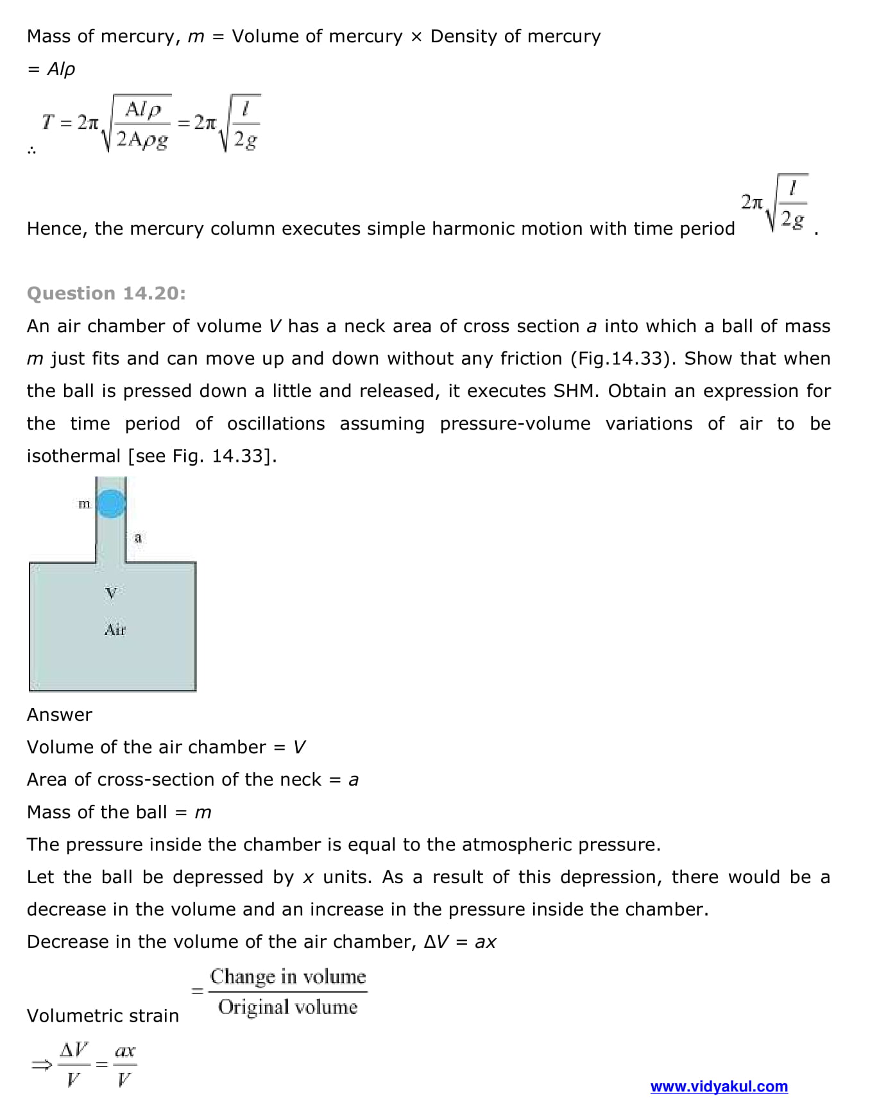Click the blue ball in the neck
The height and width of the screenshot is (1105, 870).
tap(111, 503)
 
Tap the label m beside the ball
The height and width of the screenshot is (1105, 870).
tap(84, 504)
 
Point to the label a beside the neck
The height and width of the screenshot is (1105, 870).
tap(138, 537)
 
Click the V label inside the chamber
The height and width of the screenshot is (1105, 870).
tap(111, 593)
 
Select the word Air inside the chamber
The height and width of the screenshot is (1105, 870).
tap(115, 630)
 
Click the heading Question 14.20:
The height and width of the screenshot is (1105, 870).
tap(107, 293)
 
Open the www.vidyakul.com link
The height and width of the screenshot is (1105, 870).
tap(719, 1086)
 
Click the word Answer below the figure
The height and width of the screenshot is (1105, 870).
tap(60, 714)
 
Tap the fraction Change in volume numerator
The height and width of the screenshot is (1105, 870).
tap(288, 977)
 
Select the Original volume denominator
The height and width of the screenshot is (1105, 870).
tap(288, 1007)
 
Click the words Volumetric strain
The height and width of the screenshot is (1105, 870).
tap(103, 1016)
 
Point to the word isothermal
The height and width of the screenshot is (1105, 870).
tap(74, 456)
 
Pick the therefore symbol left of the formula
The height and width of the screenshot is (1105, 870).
tap(32, 151)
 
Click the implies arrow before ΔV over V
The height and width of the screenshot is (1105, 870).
tap(42, 1065)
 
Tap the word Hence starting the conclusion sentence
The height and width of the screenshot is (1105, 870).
tap(56, 229)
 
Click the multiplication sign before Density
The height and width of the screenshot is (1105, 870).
tap(416, 37)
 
